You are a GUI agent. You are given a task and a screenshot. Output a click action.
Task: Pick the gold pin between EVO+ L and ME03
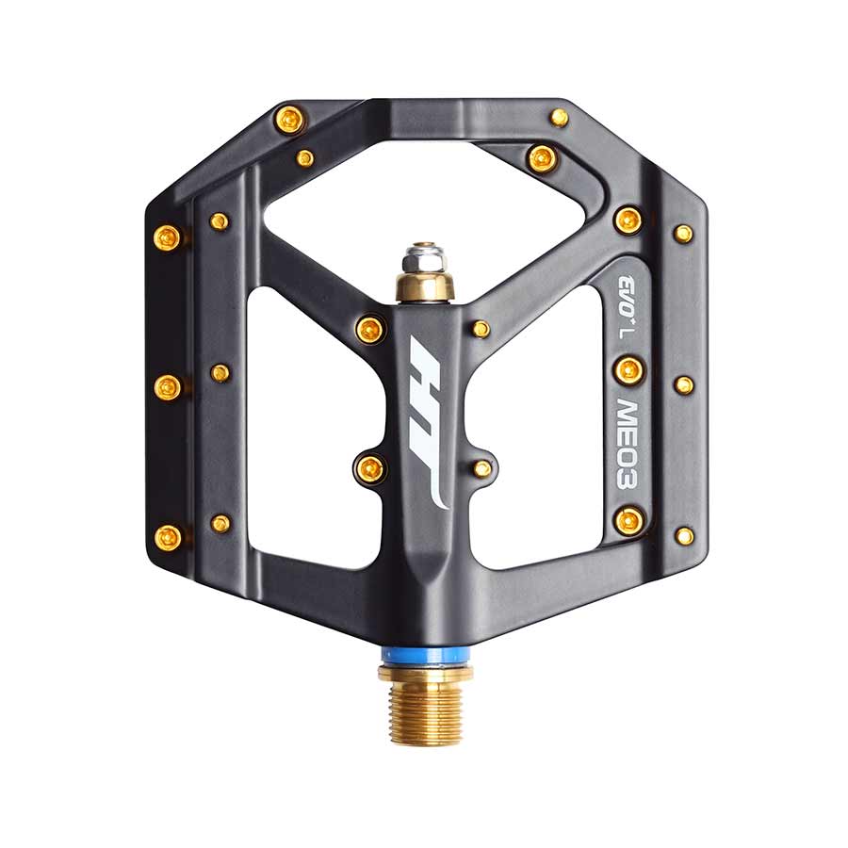(x=628, y=370)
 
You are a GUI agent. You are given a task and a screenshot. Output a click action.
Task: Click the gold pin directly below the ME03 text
(x=628, y=519)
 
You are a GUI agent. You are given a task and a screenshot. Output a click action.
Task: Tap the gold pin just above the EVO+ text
(x=628, y=220)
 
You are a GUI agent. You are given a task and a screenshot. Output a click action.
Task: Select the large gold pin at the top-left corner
(x=290, y=120)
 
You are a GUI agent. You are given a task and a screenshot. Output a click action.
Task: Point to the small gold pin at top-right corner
(x=559, y=118)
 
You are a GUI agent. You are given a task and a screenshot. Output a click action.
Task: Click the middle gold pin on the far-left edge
(x=168, y=386)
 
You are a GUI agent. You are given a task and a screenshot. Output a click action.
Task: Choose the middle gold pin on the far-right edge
(x=684, y=384)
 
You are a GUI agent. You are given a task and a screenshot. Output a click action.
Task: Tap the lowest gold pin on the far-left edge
(x=169, y=537)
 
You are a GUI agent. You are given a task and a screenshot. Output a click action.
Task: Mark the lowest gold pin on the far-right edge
(x=684, y=535)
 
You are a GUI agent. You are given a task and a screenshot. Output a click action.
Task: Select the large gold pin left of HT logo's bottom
(x=370, y=468)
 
